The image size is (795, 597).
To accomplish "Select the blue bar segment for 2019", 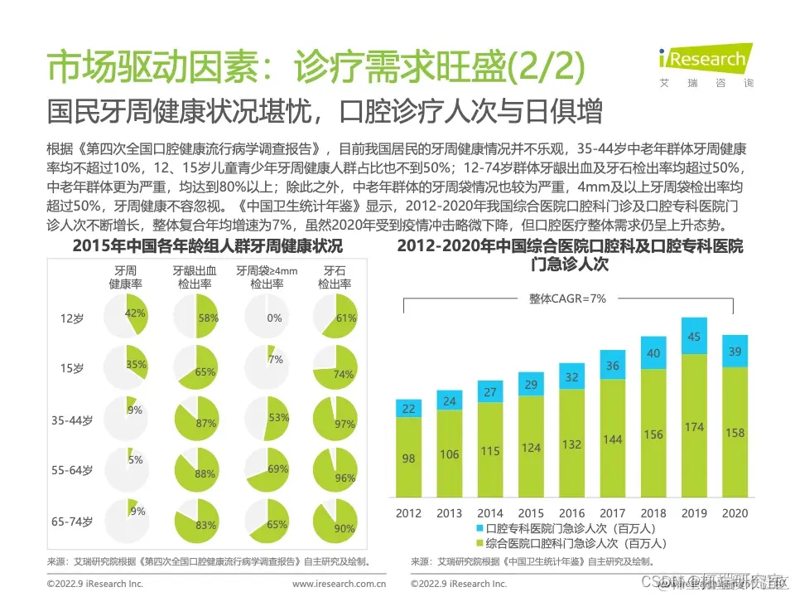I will pyautogui.click(x=694, y=336).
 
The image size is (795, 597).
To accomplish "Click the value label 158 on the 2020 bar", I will pyautogui.click(x=734, y=432).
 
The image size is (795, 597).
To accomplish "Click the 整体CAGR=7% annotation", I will pyautogui.click(x=568, y=298).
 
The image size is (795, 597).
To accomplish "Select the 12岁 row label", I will pyautogui.click(x=71, y=318).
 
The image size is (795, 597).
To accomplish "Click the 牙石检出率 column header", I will pyautogui.click(x=334, y=277).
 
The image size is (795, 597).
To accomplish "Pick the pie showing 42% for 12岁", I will pyautogui.click(x=127, y=317).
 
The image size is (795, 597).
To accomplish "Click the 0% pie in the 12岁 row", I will pyautogui.click(x=267, y=317).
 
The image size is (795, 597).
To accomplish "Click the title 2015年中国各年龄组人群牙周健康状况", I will pyautogui.click(x=207, y=246).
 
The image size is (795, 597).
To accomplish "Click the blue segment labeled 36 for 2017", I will pyautogui.click(x=612, y=366).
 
